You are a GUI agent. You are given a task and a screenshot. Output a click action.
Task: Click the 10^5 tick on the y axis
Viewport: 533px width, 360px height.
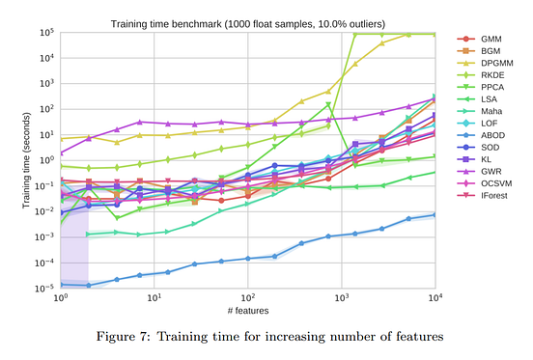pyautogui.click(x=45, y=32)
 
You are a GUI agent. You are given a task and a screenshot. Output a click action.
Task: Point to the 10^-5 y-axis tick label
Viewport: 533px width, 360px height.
pyautogui.click(x=44, y=289)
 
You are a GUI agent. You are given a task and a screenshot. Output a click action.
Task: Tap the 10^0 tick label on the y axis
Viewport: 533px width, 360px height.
pyautogui.click(x=45, y=160)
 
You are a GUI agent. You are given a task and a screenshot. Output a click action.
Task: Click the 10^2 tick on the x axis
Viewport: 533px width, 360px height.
pyautogui.click(x=248, y=298)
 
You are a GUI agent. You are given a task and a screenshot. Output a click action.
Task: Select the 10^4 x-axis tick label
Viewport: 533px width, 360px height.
pyautogui.click(x=435, y=298)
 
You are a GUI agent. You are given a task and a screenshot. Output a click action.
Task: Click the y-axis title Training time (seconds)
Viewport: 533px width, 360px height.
pyautogui.click(x=26, y=160)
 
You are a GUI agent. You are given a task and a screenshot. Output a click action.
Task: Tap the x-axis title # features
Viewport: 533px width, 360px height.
pyautogui.click(x=248, y=310)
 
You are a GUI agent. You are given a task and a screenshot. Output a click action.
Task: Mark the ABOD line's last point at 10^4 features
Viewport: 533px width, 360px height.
pyautogui.click(x=435, y=214)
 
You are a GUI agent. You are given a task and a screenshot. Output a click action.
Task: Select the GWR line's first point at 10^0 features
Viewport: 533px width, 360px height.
pyautogui.click(x=61, y=152)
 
